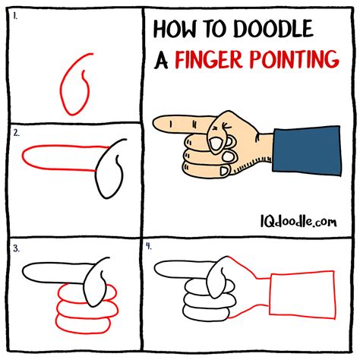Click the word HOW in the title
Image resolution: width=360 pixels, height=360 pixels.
tap(175, 29)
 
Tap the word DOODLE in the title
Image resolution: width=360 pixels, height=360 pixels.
tap(273, 28)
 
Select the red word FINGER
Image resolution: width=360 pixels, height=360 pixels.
tap(209, 60)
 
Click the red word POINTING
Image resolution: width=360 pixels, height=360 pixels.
tap(294, 59)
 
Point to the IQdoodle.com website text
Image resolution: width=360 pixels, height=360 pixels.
tap(298, 221)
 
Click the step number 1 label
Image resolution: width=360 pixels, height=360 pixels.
tap(15, 17)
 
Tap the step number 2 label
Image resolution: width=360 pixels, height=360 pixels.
tap(16, 133)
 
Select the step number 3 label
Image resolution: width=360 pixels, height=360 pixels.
tap(16, 249)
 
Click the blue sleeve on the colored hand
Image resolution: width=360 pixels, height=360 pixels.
tap(307, 151)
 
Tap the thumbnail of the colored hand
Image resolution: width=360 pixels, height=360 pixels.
tap(216, 144)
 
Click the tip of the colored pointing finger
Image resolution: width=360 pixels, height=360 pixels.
tap(153, 124)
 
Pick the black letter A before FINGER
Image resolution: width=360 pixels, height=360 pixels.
tap(161, 61)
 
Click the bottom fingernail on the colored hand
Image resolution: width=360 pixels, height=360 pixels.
tap(224, 172)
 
